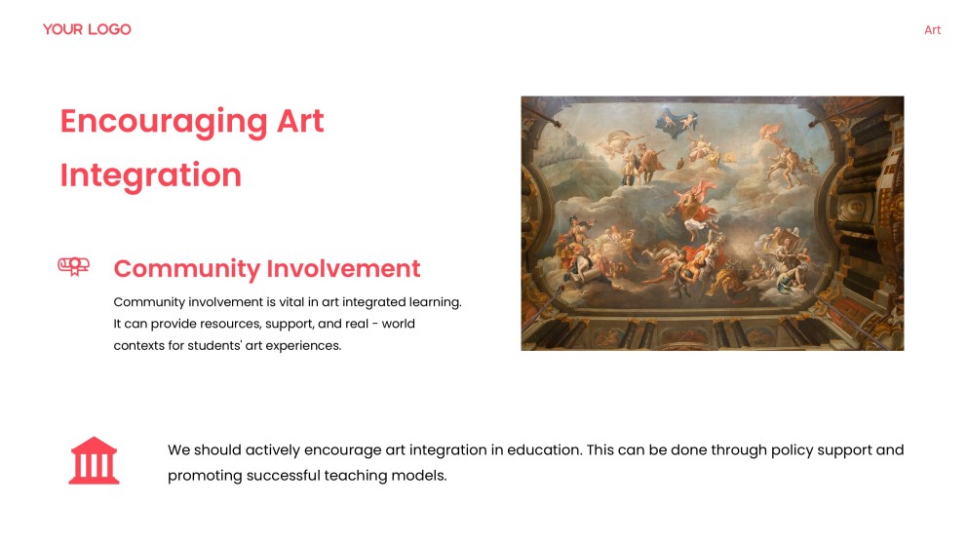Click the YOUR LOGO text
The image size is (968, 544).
click(87, 29)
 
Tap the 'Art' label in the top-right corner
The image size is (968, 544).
click(932, 30)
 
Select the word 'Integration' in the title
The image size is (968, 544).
click(150, 175)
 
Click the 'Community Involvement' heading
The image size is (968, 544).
click(267, 269)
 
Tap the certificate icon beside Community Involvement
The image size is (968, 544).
click(74, 265)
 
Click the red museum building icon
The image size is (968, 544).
click(94, 460)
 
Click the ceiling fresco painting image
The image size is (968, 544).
click(712, 223)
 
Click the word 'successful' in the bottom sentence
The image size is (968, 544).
click(284, 476)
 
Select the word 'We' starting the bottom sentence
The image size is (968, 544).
click(178, 450)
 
